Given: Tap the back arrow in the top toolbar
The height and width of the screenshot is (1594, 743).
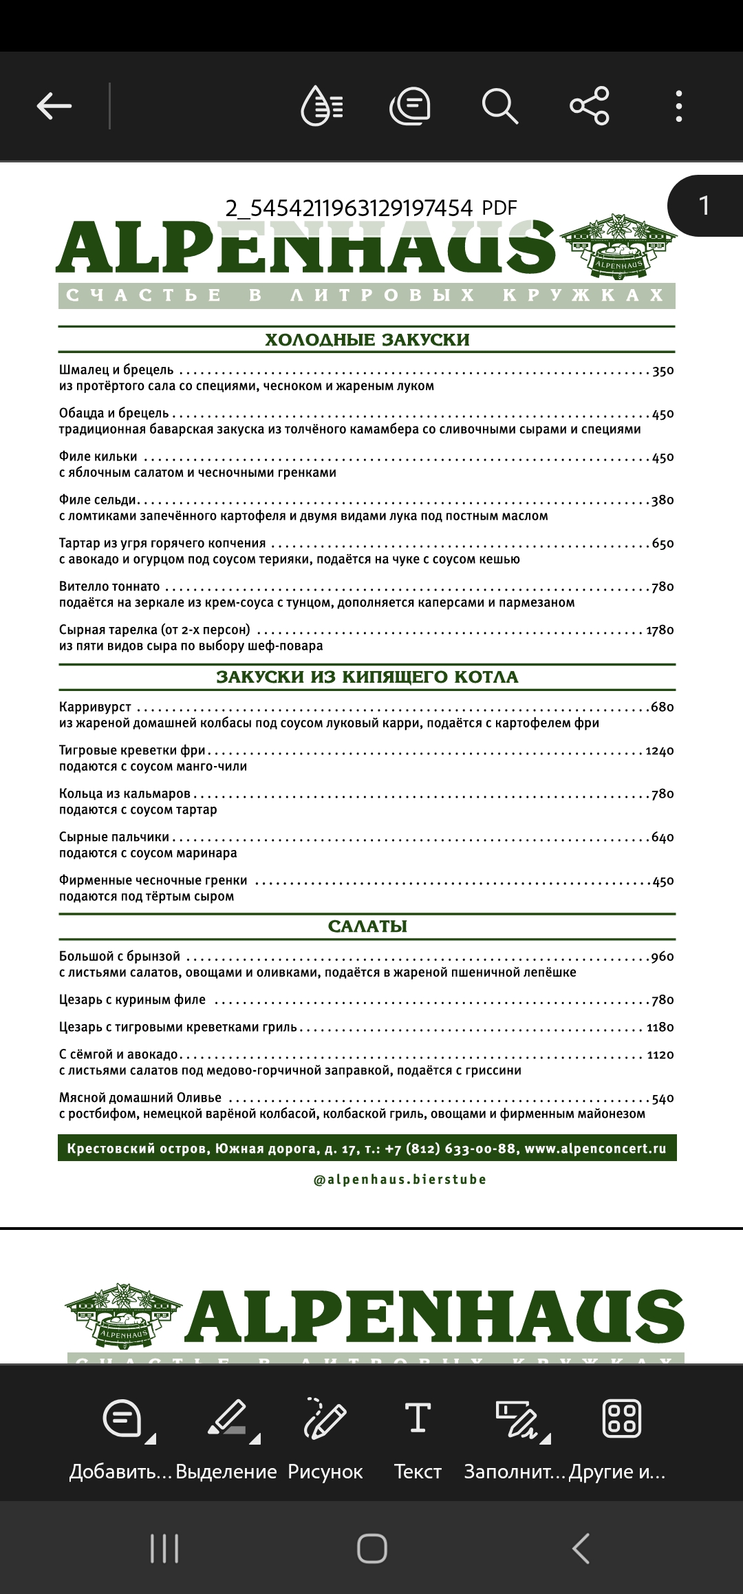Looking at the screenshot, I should click(54, 106).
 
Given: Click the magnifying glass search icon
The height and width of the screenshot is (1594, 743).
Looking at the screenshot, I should click(499, 106).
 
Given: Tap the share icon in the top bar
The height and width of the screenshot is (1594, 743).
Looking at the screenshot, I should click(590, 106).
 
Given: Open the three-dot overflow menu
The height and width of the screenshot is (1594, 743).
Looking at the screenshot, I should click(679, 106).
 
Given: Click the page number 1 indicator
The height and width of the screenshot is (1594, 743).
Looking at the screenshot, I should click(704, 206).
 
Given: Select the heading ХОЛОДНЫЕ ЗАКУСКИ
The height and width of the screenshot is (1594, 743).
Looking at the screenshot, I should click(367, 339).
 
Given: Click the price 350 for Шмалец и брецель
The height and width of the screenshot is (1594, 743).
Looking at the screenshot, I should click(663, 371).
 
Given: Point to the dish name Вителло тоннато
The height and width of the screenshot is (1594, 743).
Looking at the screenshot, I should click(109, 586).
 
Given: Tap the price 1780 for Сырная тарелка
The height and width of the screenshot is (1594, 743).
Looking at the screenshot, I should click(660, 630).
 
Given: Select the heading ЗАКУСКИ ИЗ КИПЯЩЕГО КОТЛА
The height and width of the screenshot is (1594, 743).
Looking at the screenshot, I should click(367, 677).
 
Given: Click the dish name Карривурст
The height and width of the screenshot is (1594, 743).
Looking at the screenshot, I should click(95, 707).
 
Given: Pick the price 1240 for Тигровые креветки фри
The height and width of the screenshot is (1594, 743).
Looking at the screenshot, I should click(660, 751).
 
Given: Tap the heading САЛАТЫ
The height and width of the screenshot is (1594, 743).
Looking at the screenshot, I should click(367, 926).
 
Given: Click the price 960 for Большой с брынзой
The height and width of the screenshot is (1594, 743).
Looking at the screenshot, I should click(663, 957).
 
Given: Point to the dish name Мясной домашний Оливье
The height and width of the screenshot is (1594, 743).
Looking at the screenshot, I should click(140, 1097).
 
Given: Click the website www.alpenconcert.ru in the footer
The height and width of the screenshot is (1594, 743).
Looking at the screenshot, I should click(595, 1148).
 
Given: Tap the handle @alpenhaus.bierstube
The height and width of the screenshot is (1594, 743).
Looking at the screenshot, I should click(400, 1179).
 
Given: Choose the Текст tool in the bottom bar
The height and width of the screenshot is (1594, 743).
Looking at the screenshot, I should click(418, 1438).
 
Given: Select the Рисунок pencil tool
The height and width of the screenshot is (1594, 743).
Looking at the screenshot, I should click(325, 1438).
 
